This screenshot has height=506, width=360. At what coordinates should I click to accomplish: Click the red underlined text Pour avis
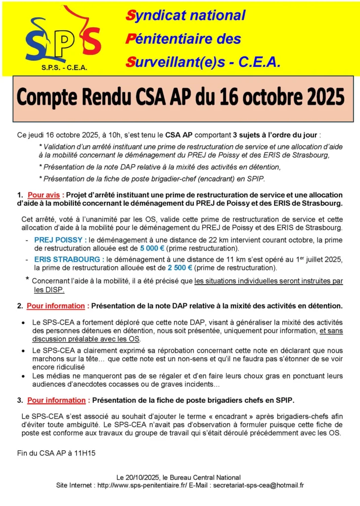(44, 195)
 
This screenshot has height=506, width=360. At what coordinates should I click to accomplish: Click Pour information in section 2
(56, 306)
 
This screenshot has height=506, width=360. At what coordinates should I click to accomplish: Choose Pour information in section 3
(56, 400)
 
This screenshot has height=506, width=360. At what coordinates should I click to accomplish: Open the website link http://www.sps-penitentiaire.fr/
(142, 485)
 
